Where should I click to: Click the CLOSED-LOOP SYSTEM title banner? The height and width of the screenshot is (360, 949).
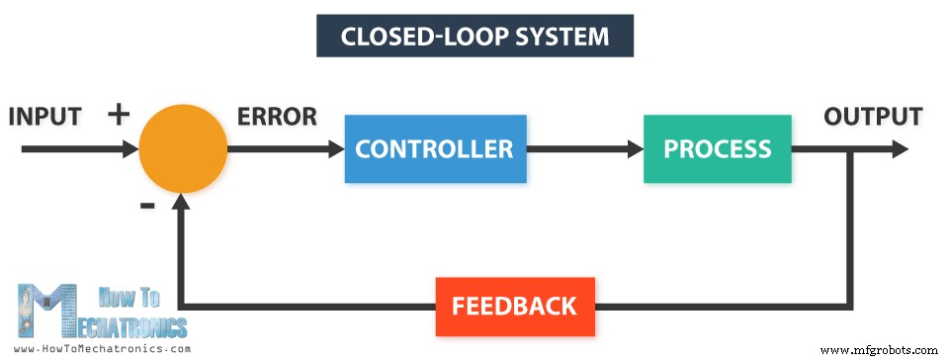[474, 37]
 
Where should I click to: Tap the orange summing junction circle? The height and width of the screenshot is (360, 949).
[183, 149]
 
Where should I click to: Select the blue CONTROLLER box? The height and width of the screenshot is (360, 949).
[435, 149]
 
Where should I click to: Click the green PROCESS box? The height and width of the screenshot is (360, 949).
[717, 149]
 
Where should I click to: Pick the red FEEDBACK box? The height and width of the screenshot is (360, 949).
[514, 306]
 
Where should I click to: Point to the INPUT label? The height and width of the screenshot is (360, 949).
[44, 116]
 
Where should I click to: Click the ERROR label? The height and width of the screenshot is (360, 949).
[277, 116]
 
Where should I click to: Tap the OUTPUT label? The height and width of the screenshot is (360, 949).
[873, 116]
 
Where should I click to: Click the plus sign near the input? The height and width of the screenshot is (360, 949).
[119, 115]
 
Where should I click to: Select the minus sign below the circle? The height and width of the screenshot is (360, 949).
[147, 206]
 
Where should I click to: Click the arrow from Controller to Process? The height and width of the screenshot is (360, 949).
[583, 149]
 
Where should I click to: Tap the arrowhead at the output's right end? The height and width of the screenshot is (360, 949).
[899, 149]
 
